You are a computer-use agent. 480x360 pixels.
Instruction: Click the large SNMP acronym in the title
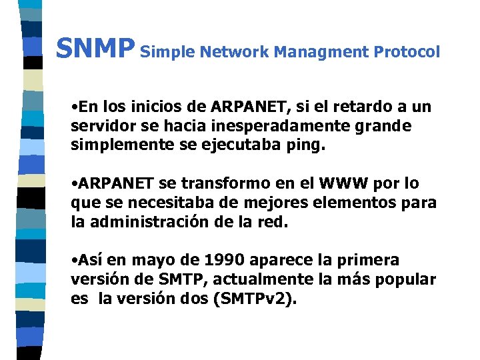tap(95, 49)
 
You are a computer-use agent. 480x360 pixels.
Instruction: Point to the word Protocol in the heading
tap(407, 51)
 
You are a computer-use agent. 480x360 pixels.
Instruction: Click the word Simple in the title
tap(168, 51)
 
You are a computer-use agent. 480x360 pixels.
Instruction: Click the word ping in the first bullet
tap(307, 146)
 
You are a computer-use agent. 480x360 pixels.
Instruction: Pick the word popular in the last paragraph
tap(407, 279)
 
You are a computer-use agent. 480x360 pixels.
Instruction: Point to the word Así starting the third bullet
tap(92, 260)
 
